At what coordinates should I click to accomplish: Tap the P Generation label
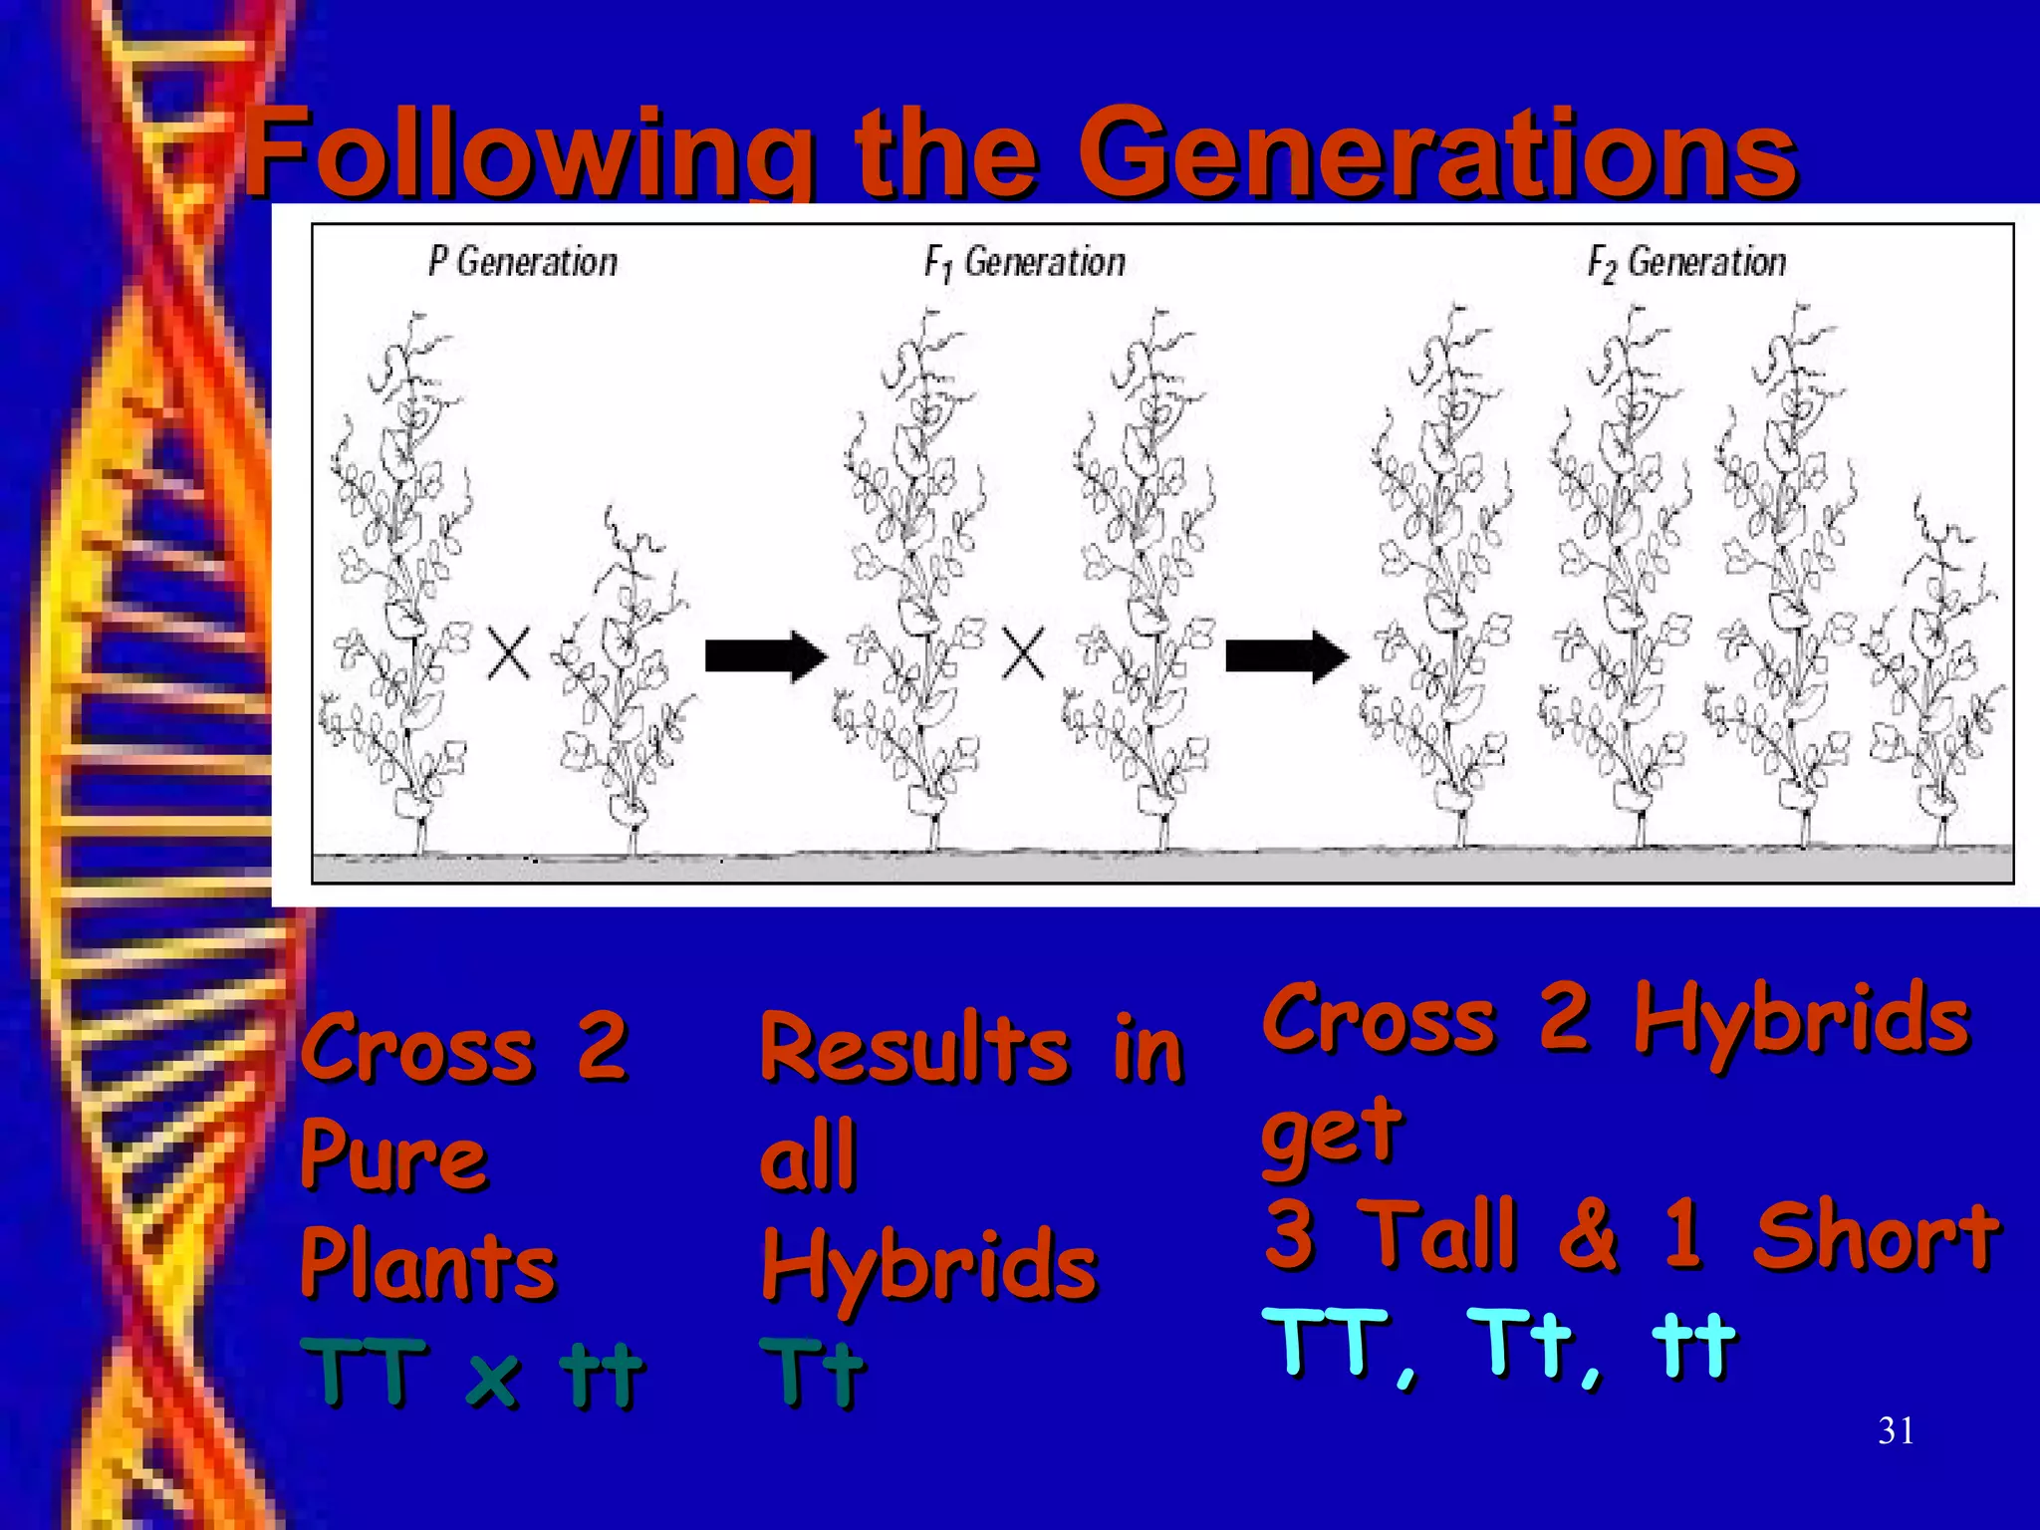[x=523, y=262]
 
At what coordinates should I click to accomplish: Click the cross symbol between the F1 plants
[x=1022, y=654]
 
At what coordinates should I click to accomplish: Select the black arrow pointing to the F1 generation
[x=765, y=655]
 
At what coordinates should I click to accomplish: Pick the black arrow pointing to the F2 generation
[x=1286, y=656]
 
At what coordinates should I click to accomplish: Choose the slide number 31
[x=1895, y=1431]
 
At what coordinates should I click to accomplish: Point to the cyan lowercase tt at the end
[x=1693, y=1345]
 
